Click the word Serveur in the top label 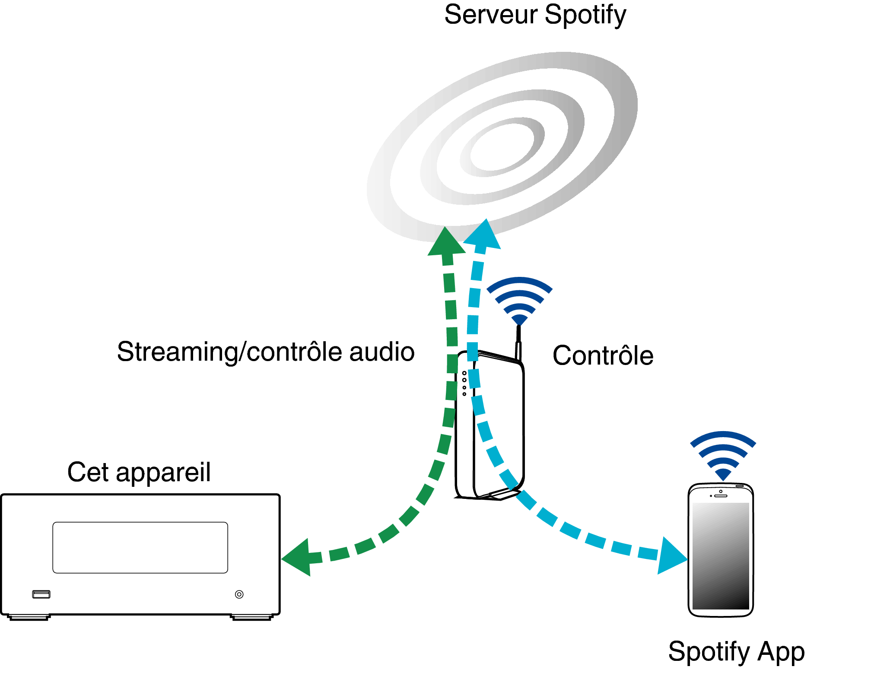pyautogui.click(x=491, y=15)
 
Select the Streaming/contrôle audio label pyautogui.click(x=266, y=352)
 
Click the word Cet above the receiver pyautogui.click(x=88, y=472)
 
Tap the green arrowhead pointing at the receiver pyautogui.click(x=296, y=557)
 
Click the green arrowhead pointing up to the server pyautogui.click(x=446, y=241)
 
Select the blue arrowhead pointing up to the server pyautogui.click(x=483, y=234)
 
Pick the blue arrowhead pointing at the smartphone pyautogui.click(x=672, y=556)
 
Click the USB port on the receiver pyautogui.click(x=41, y=594)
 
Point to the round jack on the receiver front pyautogui.click(x=239, y=594)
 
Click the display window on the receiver pyautogui.click(x=140, y=548)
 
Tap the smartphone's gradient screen pyautogui.click(x=721, y=556)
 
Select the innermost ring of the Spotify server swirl pyautogui.click(x=502, y=147)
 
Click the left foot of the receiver pyautogui.click(x=29, y=618)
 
